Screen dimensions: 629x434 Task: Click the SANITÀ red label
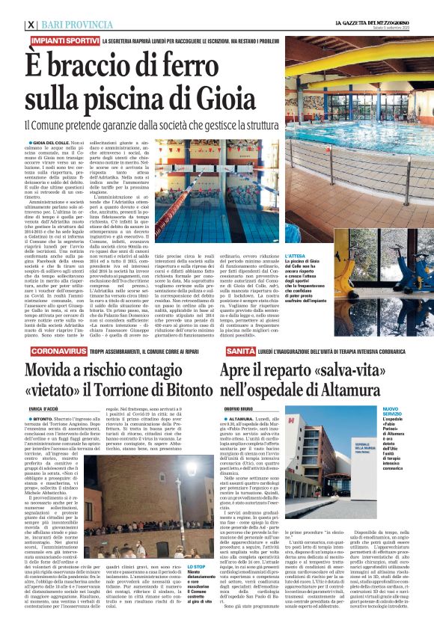238,350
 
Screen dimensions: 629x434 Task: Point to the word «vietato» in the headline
66,389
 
